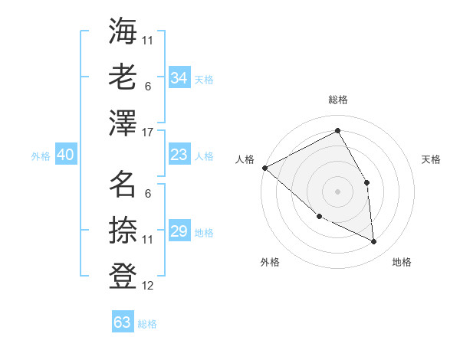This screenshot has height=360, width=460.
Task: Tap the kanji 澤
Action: click(x=123, y=122)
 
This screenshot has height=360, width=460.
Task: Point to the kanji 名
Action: click(x=123, y=183)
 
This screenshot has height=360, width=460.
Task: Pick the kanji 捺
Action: click(x=123, y=229)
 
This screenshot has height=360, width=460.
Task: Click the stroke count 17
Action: click(x=149, y=133)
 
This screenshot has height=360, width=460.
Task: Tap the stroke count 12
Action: click(x=149, y=286)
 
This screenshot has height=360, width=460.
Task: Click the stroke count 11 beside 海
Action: click(x=148, y=40)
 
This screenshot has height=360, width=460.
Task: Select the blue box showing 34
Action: click(x=179, y=78)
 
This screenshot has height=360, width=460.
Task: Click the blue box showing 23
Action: click(x=179, y=155)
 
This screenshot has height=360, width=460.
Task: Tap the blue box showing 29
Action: click(x=179, y=232)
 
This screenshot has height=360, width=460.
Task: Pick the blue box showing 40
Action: click(x=65, y=155)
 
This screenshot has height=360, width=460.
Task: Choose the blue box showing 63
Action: click(x=122, y=322)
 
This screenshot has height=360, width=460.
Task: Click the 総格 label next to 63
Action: click(x=148, y=324)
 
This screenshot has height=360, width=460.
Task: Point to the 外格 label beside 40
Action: click(x=41, y=156)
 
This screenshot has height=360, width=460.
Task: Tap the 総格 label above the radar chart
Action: click(x=337, y=100)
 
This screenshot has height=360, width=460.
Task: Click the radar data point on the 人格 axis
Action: click(x=264, y=168)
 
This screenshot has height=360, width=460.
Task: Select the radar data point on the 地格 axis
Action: click(x=373, y=242)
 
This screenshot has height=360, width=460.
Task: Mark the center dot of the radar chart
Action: click(x=337, y=191)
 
